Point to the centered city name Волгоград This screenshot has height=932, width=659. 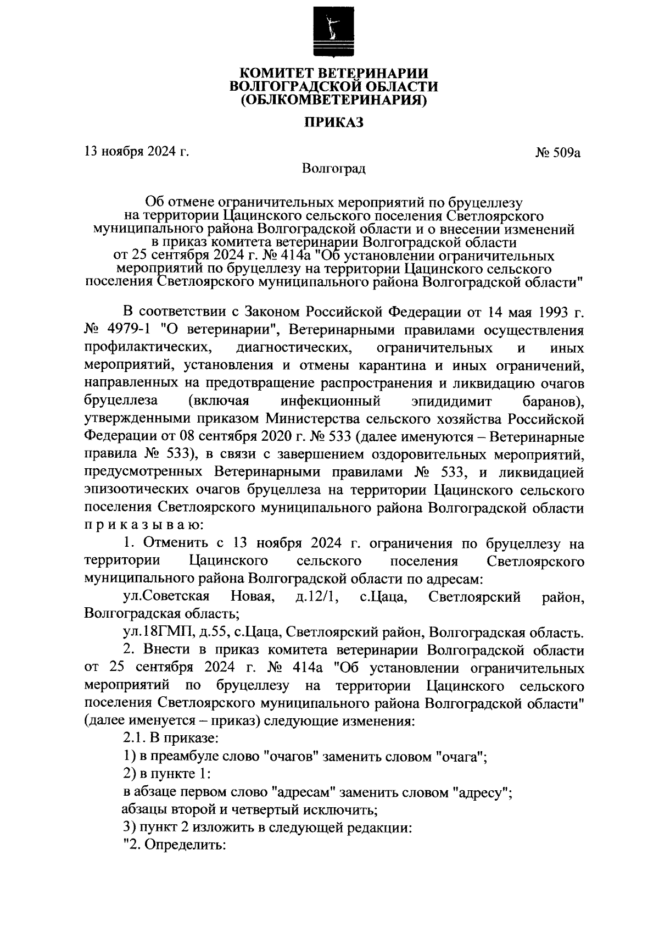[x=334, y=168]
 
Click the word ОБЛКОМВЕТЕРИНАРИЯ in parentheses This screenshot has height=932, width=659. [x=334, y=101]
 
